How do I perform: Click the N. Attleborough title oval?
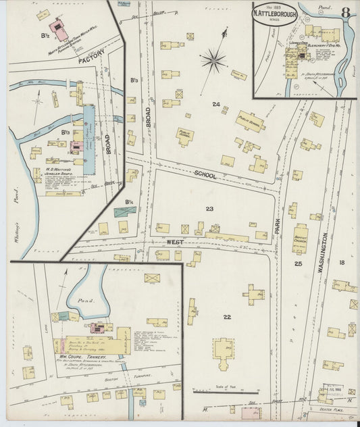(x=275, y=15)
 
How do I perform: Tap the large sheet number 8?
(x=345, y=12)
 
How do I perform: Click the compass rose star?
(x=213, y=61)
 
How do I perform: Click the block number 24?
(x=216, y=104)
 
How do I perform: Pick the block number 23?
(x=209, y=209)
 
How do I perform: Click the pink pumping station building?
(x=61, y=30)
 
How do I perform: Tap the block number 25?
(x=298, y=263)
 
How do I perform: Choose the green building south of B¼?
(x=125, y=211)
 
